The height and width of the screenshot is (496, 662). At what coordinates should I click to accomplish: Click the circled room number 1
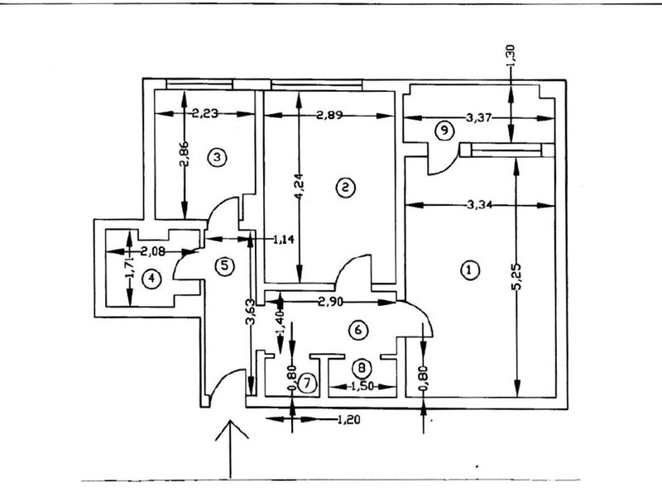469,269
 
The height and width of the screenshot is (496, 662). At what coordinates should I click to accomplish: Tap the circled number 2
343,188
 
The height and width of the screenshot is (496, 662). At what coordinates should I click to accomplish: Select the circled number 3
217,156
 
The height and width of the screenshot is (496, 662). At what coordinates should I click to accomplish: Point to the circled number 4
151,279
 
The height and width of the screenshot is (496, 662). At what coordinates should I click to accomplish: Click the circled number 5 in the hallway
224,265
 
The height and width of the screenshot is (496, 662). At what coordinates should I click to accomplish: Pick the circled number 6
357,330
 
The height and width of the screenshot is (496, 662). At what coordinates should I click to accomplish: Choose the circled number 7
307,383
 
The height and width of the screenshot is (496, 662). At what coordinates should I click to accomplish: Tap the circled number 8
362,367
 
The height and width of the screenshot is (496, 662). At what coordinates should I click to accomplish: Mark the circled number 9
444,130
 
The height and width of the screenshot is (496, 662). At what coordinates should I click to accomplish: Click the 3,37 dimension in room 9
479,118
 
